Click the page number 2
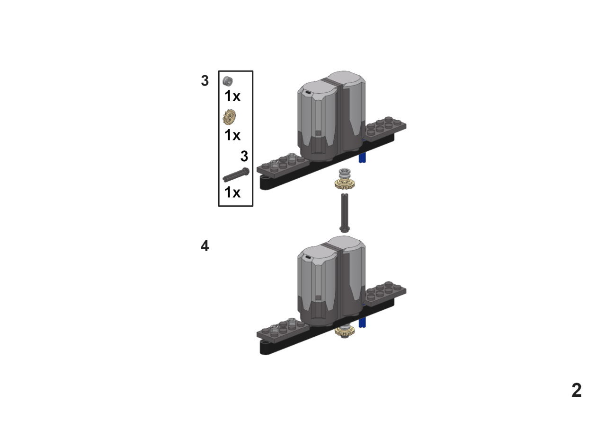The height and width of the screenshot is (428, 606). (x=576, y=390)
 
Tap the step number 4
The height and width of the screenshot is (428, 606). (x=205, y=245)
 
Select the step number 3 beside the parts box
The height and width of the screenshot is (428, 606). (x=205, y=80)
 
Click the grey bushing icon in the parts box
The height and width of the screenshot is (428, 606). (x=228, y=81)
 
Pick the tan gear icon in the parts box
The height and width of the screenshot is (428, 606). (x=230, y=117)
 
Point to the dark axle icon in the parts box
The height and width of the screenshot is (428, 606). (x=236, y=175)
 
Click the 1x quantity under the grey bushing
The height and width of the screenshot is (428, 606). (x=232, y=96)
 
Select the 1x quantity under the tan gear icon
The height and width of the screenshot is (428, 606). (x=232, y=135)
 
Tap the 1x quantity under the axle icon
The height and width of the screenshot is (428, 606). (x=232, y=192)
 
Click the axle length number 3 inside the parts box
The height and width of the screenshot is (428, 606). (x=244, y=156)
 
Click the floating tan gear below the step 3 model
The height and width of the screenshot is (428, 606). (x=344, y=184)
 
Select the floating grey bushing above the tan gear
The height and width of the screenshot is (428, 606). (x=344, y=173)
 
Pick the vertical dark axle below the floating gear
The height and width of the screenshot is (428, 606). (x=344, y=213)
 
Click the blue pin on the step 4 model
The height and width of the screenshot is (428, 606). (x=362, y=322)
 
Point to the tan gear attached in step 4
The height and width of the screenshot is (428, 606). (x=344, y=331)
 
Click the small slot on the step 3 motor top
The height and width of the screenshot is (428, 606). (x=308, y=93)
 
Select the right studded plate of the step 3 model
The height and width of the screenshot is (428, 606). (x=386, y=129)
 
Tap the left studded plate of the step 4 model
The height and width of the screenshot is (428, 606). (x=283, y=331)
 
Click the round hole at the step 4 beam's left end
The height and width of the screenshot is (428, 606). (x=267, y=342)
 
